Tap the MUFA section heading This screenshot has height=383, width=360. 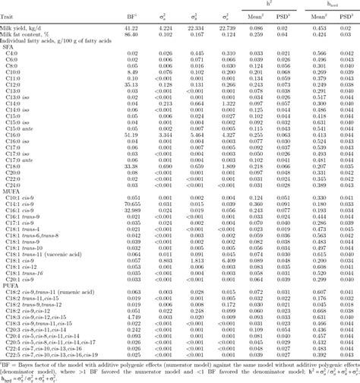[x=12, y=193]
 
